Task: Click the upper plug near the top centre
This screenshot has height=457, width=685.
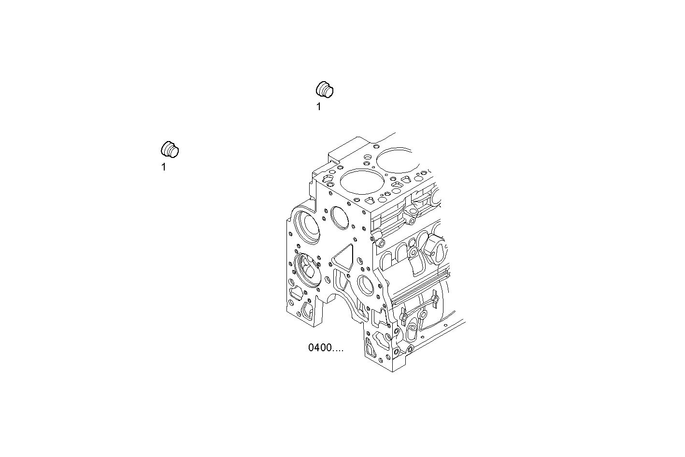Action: click(x=325, y=90)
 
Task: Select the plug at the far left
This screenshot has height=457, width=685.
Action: click(x=170, y=150)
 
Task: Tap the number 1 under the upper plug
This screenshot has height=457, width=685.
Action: click(x=318, y=107)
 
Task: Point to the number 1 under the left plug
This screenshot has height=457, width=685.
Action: click(x=163, y=168)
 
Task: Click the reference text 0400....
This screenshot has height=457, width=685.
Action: click(x=326, y=348)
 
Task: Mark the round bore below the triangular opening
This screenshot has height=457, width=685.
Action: click(x=366, y=285)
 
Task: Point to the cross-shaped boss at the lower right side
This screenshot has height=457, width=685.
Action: click(x=434, y=300)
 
